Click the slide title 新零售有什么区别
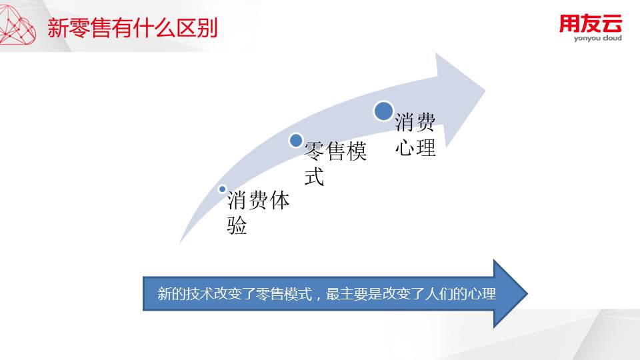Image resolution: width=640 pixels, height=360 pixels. [133, 28]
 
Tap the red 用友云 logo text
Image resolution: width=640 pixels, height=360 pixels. [590, 24]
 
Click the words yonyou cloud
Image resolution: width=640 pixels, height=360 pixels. [597, 39]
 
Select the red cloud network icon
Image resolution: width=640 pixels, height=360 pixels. [17, 26]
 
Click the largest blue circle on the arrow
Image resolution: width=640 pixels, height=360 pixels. [383, 111]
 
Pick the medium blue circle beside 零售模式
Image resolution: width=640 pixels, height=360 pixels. [296, 141]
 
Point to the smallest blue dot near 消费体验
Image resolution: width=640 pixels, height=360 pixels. [223, 189]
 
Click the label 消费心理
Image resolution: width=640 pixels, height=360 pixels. [415, 135]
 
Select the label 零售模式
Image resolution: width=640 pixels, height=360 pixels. [335, 163]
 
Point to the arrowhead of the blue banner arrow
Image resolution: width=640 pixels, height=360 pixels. [510, 293]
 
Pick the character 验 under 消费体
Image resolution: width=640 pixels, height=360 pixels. [237, 225]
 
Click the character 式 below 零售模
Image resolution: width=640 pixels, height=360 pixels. [314, 176]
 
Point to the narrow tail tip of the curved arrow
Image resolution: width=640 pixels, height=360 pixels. [181, 243]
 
